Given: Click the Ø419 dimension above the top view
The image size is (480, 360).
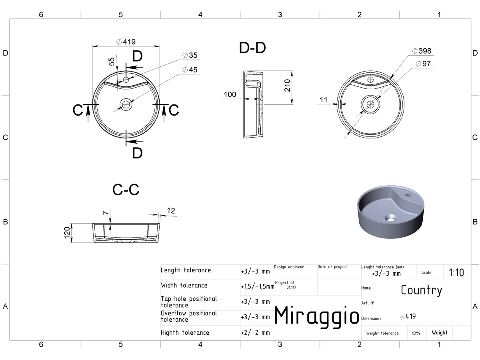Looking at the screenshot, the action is [126, 42].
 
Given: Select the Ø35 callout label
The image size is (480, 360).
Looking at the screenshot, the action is [190, 55].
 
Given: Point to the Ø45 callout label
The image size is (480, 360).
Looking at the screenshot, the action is [190, 70].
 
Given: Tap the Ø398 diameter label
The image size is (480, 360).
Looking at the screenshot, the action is [422, 51].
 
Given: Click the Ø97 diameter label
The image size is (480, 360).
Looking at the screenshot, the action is [423, 64].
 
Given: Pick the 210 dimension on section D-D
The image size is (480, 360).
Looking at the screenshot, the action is [287, 85].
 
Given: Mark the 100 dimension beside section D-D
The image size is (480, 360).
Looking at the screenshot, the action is [230, 95].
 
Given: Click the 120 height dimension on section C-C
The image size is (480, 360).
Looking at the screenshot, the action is [67, 233].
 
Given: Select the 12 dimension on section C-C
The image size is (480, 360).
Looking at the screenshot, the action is [171, 211].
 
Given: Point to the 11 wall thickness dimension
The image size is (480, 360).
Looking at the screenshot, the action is [324, 100].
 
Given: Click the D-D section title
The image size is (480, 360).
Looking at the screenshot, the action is [252, 48].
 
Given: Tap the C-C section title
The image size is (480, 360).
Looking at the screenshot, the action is [126, 190].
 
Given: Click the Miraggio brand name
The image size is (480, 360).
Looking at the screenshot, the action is [316, 316].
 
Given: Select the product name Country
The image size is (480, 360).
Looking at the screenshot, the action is [421, 290].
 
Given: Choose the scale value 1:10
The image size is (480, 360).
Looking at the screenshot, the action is [456, 272].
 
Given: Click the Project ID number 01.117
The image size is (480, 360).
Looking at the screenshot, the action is [291, 287].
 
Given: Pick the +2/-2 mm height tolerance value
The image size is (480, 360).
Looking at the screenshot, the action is [255, 333].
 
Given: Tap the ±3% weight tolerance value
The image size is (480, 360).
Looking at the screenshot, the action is [416, 333].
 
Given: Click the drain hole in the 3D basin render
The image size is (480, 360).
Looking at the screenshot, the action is [390, 218].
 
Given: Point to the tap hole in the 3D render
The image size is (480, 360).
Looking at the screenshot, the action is [408, 195].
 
